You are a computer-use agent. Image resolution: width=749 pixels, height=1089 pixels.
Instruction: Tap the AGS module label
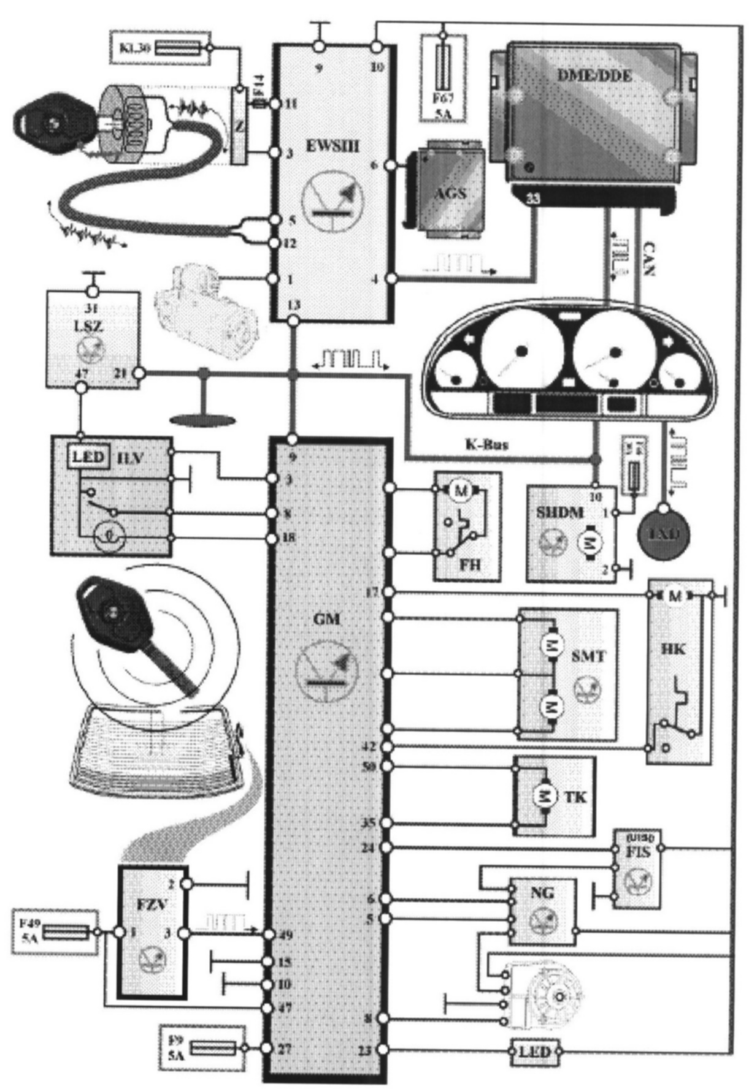(x=450, y=193)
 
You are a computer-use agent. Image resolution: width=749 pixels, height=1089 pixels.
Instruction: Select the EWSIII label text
(x=332, y=147)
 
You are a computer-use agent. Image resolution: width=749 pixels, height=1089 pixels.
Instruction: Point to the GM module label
(x=326, y=619)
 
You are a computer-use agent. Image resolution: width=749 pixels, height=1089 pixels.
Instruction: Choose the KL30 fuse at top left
(x=178, y=47)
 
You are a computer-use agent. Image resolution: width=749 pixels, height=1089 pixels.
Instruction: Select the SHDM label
(x=559, y=512)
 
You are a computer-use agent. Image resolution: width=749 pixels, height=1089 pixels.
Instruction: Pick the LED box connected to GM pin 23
(x=534, y=1050)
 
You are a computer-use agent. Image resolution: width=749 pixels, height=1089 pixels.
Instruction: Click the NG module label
(x=543, y=892)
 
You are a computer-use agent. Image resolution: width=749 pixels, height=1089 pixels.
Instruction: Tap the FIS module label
(x=638, y=852)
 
